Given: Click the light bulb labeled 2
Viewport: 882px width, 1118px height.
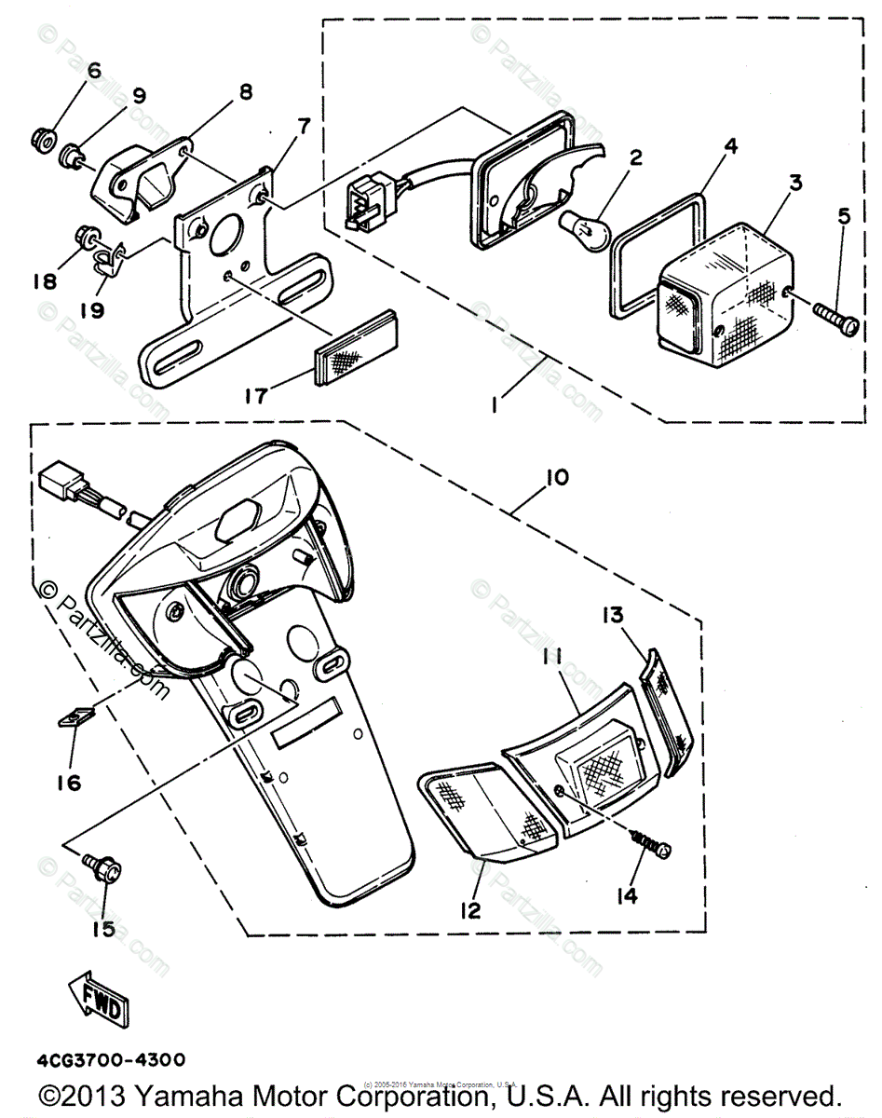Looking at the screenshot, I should tap(581, 224).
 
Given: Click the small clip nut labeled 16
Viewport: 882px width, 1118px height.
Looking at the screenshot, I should tap(74, 717).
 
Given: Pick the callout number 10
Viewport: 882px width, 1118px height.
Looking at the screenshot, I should tap(558, 478).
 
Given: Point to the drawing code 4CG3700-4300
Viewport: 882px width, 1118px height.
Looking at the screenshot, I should tap(111, 1060).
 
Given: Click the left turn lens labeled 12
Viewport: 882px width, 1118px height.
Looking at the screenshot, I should tap(489, 810).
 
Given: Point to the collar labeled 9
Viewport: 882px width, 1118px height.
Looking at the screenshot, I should tap(71, 156).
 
